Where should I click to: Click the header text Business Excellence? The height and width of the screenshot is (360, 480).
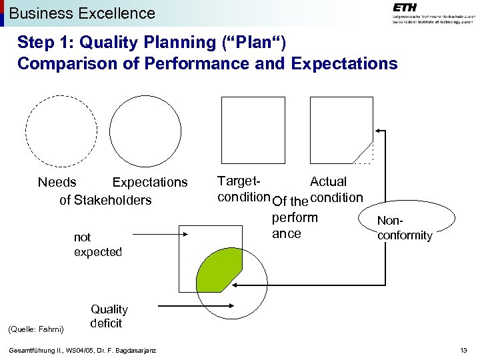point(82,13)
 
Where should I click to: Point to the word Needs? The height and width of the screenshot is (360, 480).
point(57,182)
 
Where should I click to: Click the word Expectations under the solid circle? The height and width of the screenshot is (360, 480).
point(150,182)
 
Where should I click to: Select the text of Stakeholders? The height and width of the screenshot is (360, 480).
point(105,200)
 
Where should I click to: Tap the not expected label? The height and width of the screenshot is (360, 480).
point(97,245)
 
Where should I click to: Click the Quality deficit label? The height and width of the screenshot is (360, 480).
point(109,316)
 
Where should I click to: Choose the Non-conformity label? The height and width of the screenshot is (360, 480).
point(404,227)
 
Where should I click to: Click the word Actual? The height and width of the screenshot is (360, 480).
point(328,181)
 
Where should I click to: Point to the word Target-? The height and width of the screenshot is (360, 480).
point(239,181)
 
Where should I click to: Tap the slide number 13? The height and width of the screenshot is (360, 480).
point(463,351)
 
